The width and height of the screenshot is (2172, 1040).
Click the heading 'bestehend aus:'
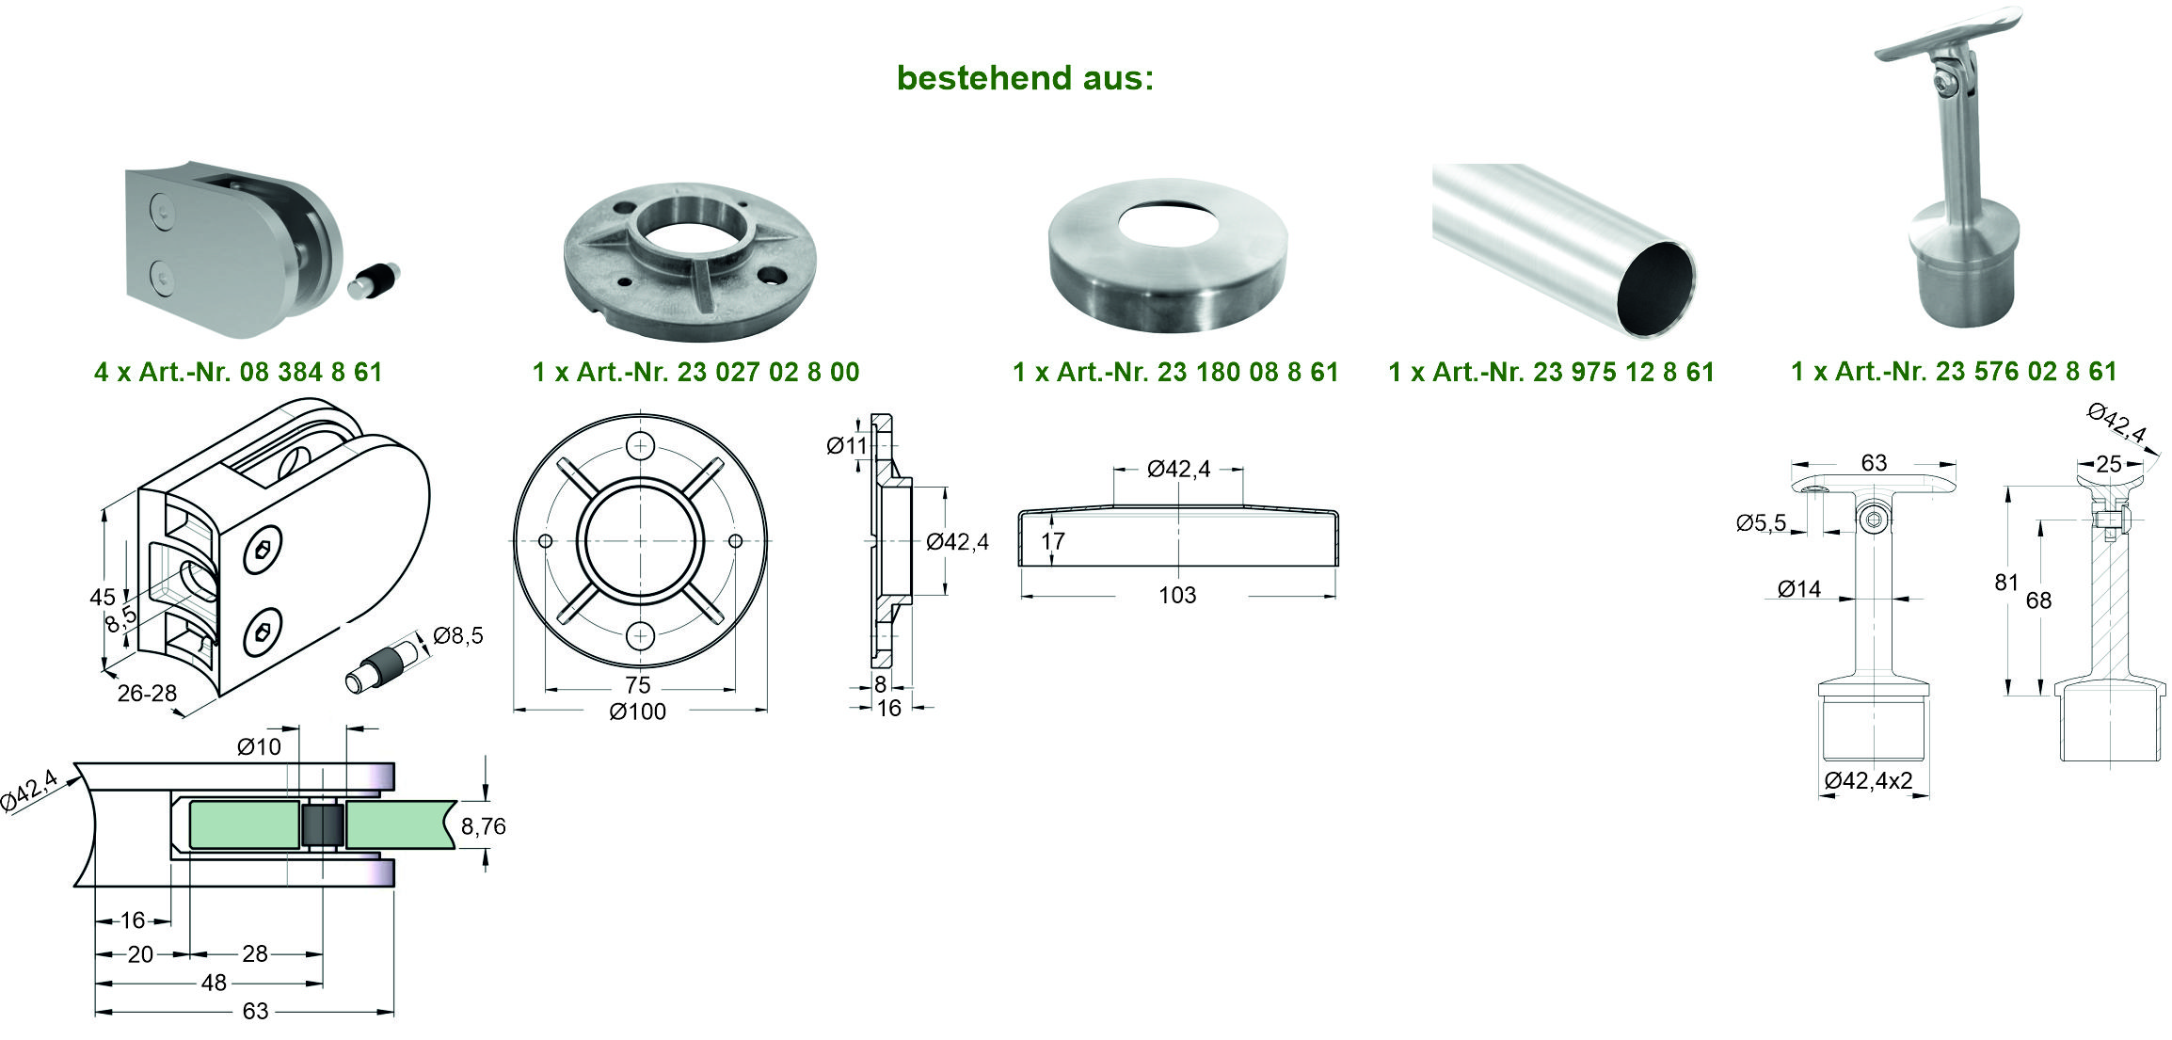tap(1025, 78)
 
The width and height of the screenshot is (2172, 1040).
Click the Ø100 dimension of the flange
tap(638, 712)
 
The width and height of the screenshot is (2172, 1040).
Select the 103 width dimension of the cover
tap(1177, 595)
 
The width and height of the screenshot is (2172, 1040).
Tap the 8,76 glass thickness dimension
tap(484, 826)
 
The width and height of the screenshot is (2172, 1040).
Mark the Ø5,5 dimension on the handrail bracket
tap(1761, 523)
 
